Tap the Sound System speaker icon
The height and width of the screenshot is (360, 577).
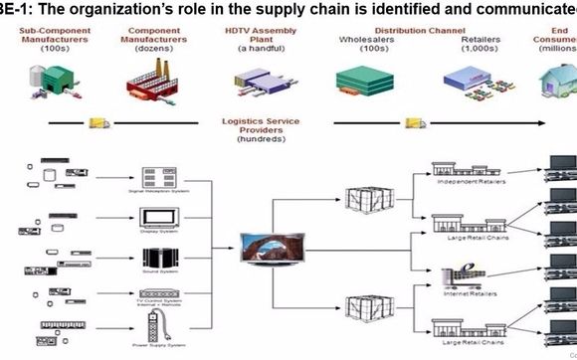[x=158, y=258]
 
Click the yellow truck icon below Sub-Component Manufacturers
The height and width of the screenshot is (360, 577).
[x=97, y=123]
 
